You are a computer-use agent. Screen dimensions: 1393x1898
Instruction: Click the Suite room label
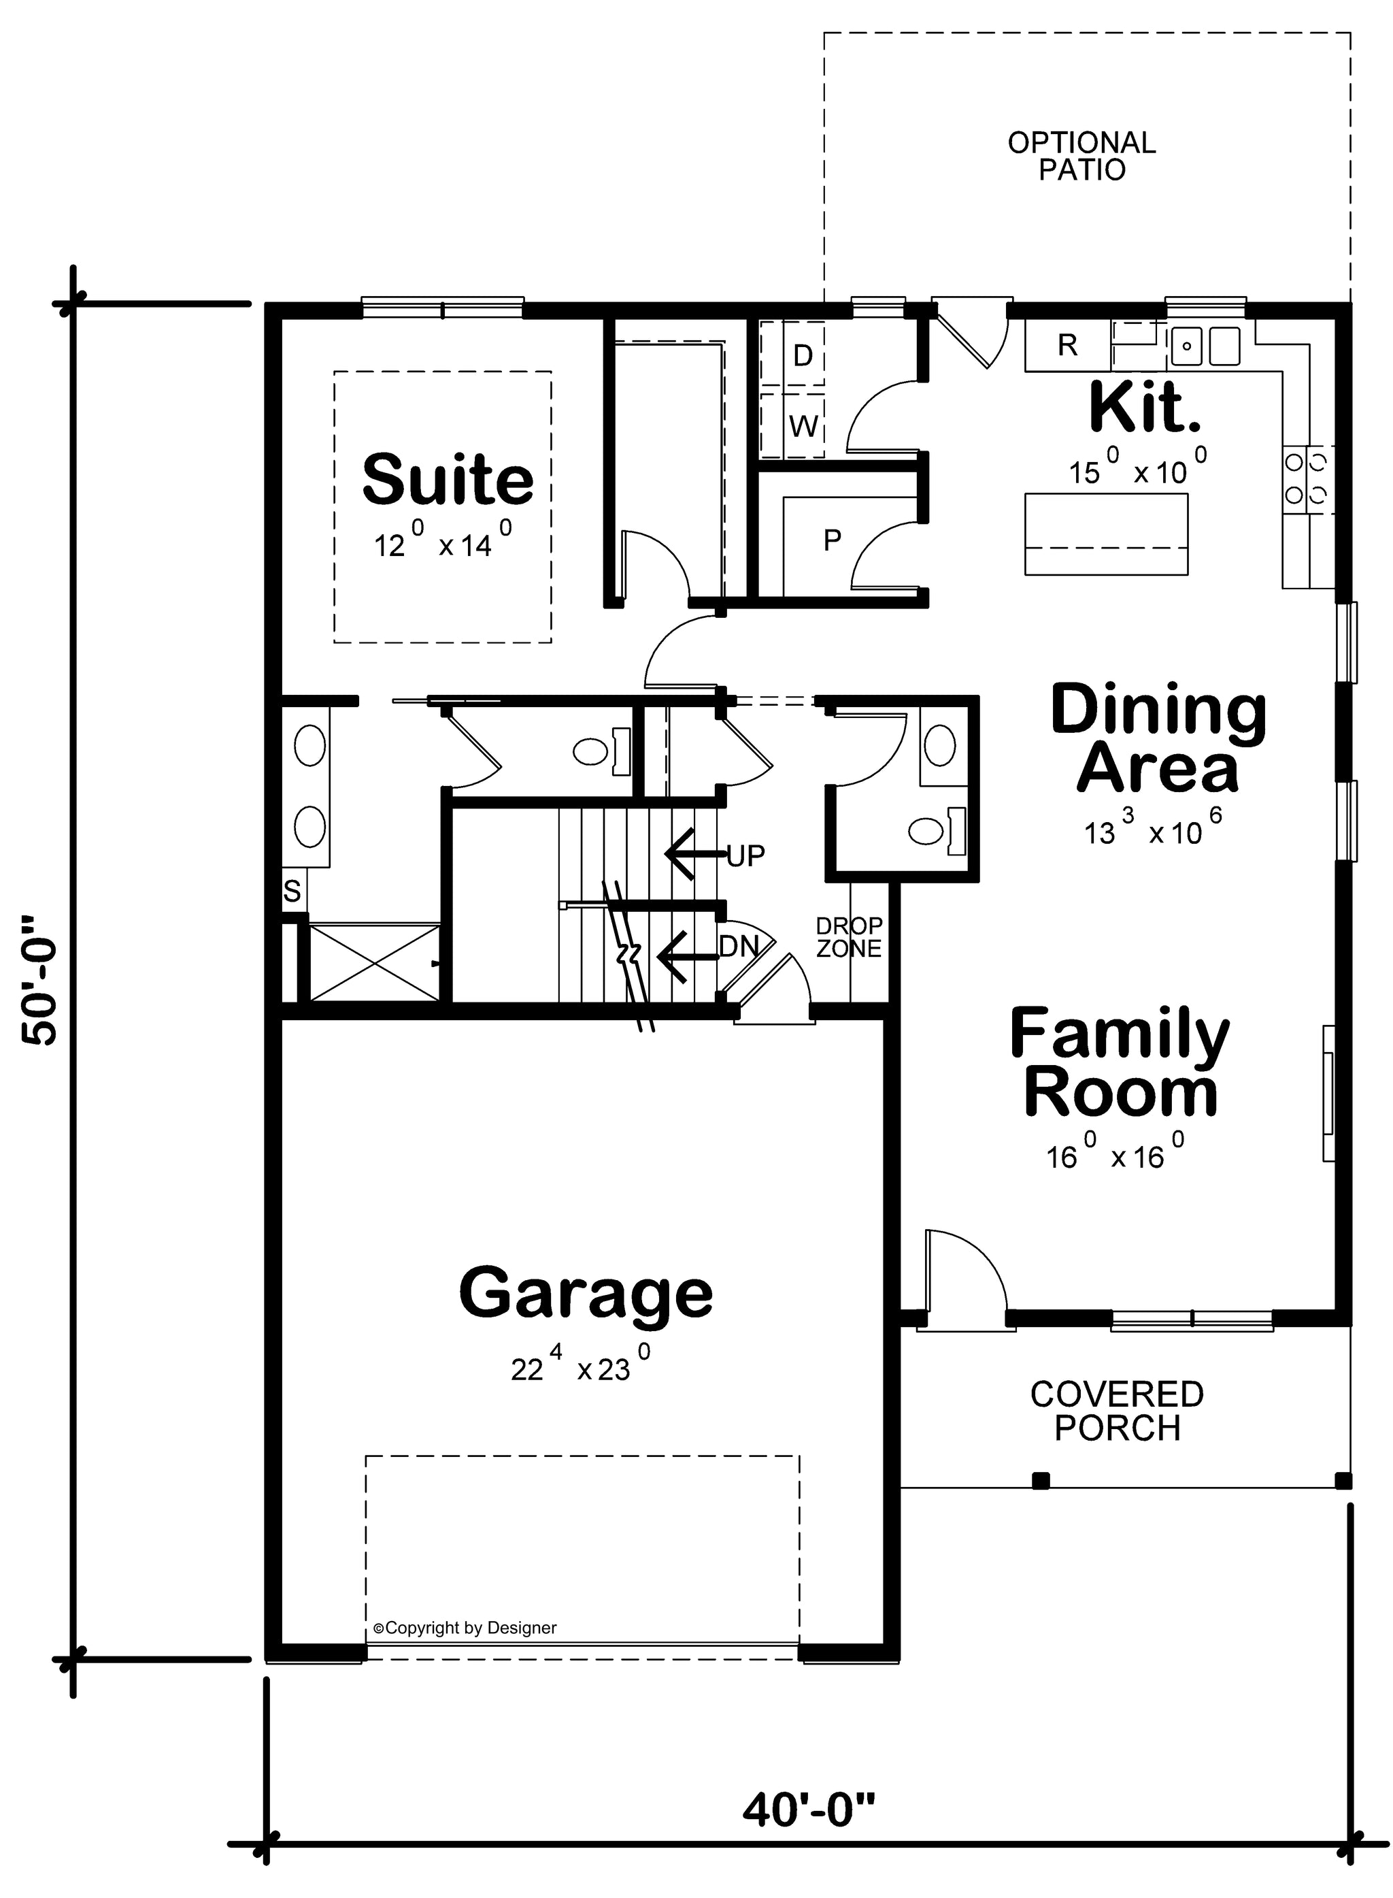point(448,479)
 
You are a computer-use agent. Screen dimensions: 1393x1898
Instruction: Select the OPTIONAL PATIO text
point(1082,156)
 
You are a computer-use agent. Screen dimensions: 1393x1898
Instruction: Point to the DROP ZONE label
point(849,937)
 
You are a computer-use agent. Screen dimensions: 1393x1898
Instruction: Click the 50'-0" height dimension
point(41,979)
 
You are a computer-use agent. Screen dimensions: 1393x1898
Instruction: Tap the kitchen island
point(1106,534)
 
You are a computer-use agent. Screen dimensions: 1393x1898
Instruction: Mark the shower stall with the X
point(374,962)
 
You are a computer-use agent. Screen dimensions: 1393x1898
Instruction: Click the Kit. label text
point(1144,408)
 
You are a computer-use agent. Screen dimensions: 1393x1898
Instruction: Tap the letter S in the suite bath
point(292,891)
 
